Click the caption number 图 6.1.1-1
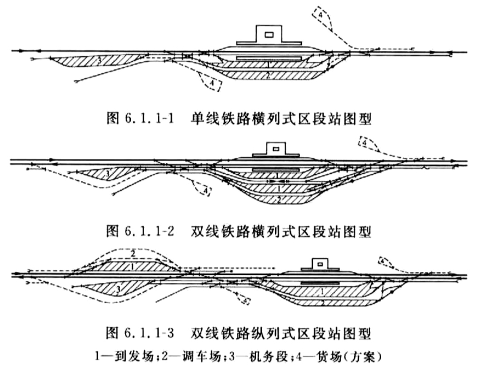tap(140, 119)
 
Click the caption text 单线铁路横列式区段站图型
tap(281, 119)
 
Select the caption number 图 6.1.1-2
tap(140, 231)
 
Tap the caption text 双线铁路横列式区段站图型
tap(281, 231)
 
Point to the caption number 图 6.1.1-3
tap(140, 333)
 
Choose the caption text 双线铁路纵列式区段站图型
tap(281, 333)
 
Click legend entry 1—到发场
tap(124, 356)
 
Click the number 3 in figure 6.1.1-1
tap(99, 60)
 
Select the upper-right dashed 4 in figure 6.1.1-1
tap(320, 14)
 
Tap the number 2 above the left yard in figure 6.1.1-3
tap(133, 253)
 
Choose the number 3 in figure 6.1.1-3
tap(118, 289)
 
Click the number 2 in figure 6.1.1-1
tap(267, 75)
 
